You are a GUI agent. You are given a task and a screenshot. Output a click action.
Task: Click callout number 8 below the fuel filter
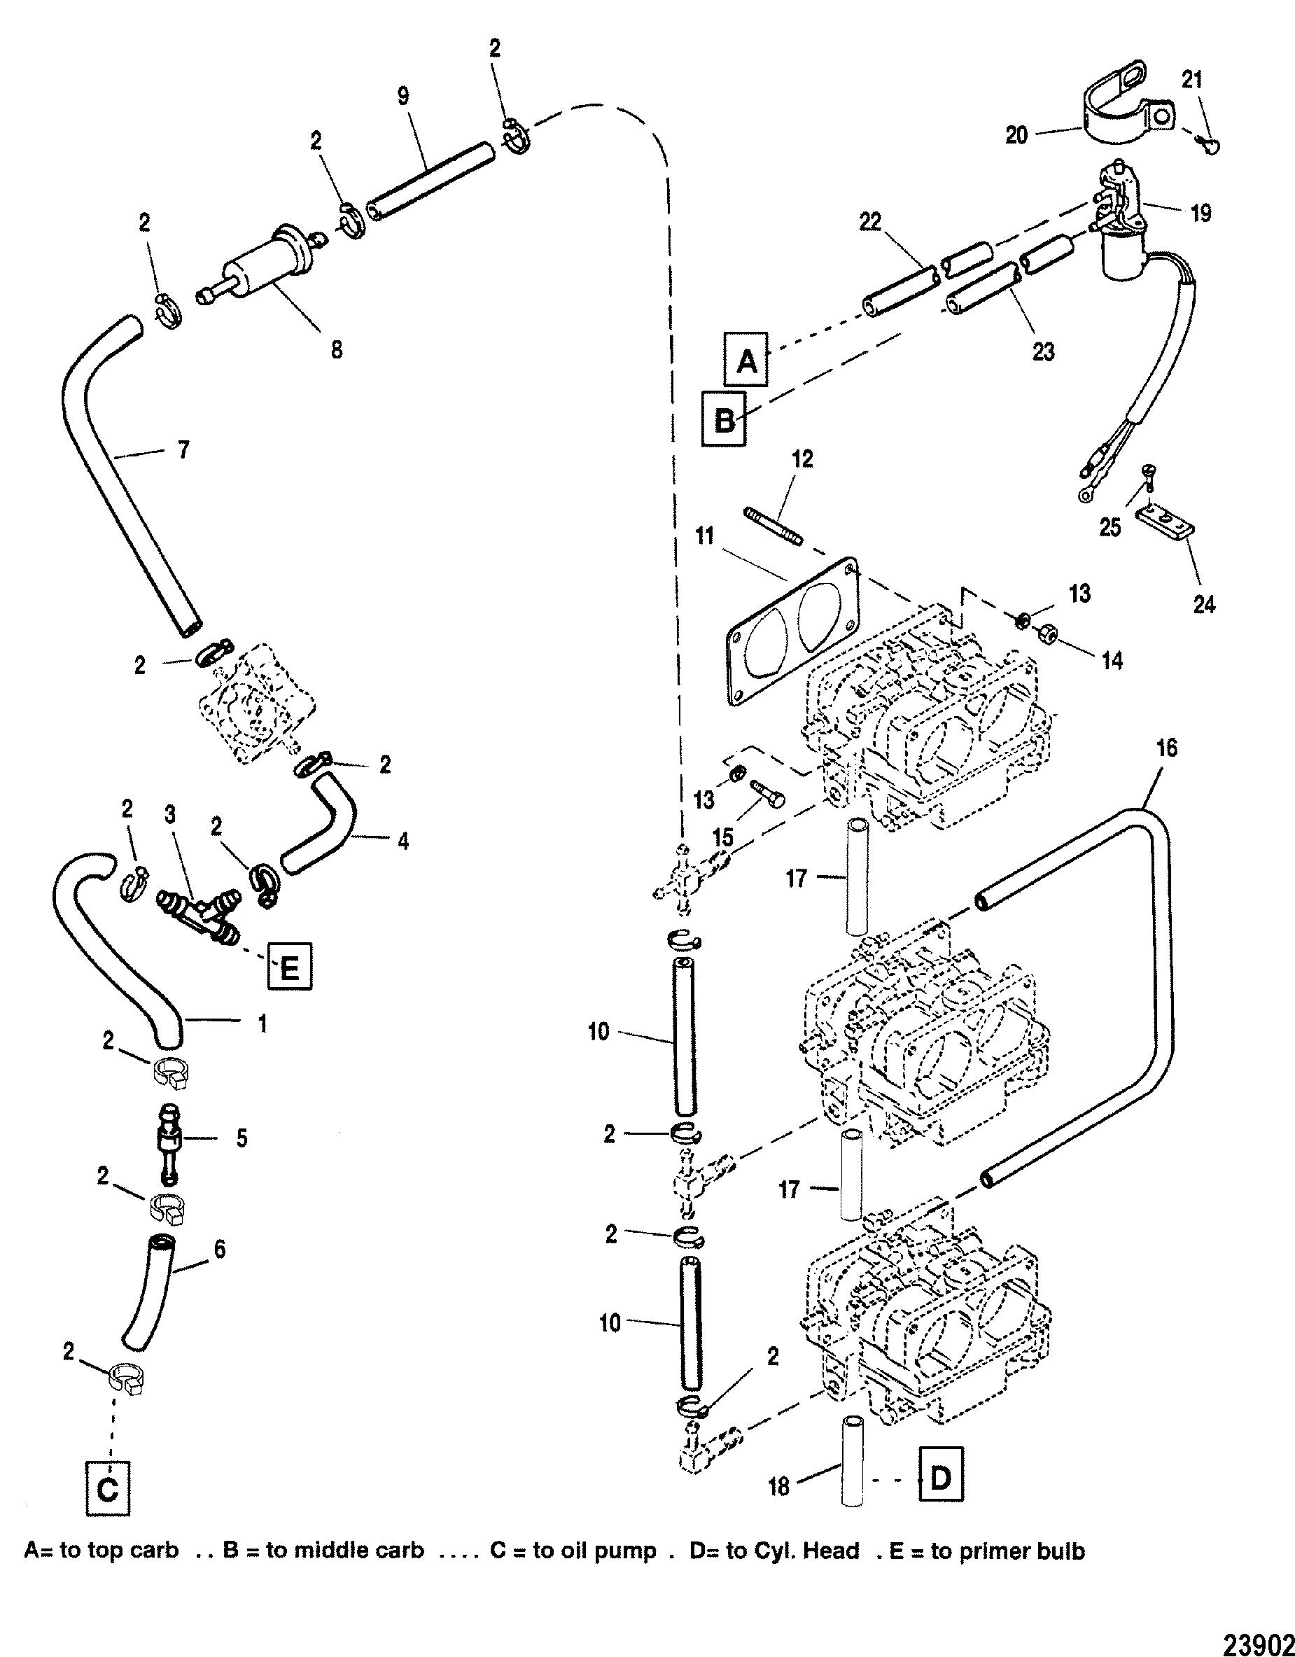tap(336, 349)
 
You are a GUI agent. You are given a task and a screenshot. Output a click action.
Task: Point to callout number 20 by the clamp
tap(1017, 135)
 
